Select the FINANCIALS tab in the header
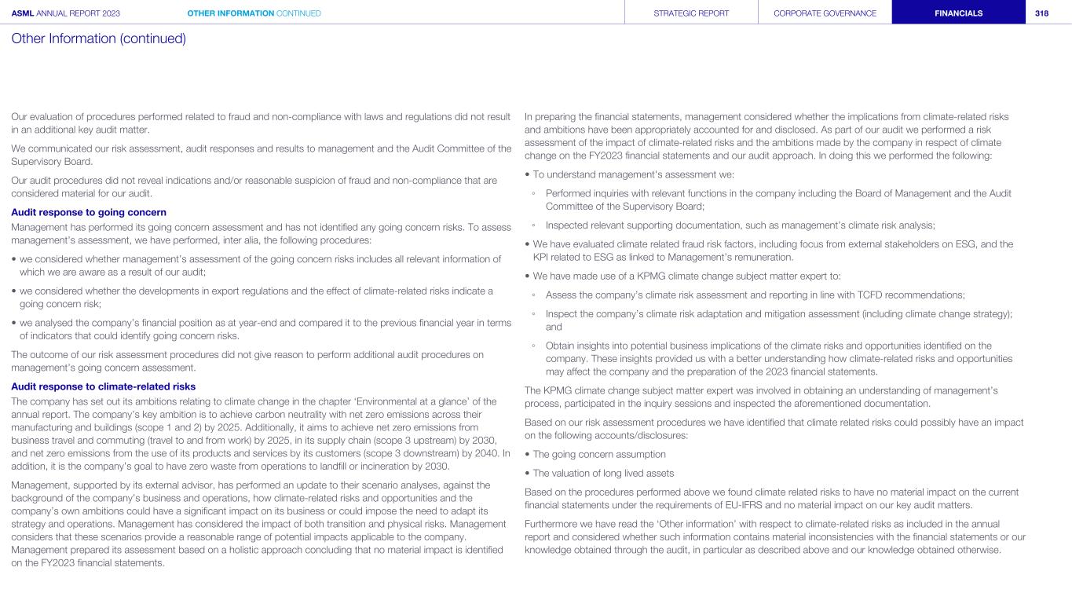point(958,13)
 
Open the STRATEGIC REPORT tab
point(691,13)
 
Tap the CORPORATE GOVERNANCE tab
point(825,13)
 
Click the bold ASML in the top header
point(23,13)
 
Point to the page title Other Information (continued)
point(99,38)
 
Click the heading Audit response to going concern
point(89,212)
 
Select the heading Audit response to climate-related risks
point(103,386)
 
